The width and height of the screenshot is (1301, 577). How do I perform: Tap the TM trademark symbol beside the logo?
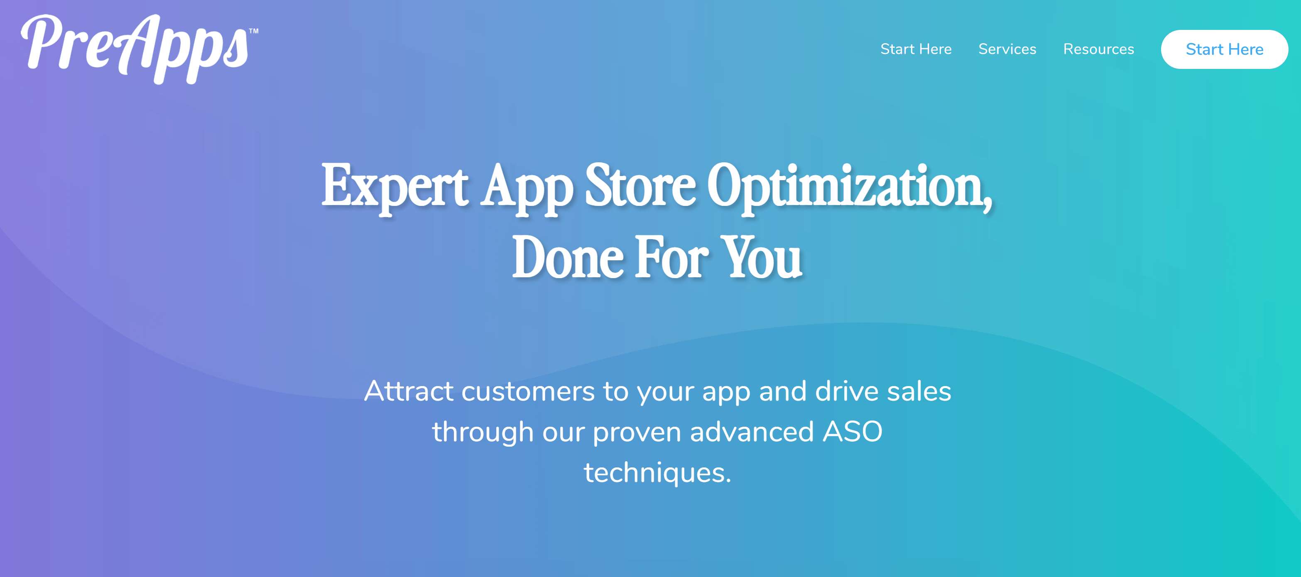(254, 31)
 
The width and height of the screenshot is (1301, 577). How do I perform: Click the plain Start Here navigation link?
(916, 49)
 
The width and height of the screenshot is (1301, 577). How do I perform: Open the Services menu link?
(1007, 49)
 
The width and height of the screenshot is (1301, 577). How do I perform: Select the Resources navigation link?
(1098, 49)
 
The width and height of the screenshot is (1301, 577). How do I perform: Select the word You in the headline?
(761, 257)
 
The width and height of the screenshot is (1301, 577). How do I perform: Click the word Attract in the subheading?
(409, 391)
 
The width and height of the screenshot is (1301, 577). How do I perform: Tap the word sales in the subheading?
(919, 391)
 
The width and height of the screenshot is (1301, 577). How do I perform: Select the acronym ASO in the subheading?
(853, 432)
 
